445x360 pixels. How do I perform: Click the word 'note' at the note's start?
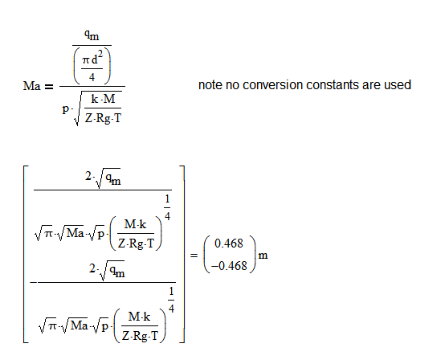[x=210, y=85]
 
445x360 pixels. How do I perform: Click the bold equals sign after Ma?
[x=49, y=86]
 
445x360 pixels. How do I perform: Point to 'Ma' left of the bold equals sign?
[x=32, y=86]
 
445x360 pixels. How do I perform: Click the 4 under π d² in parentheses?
[x=92, y=76]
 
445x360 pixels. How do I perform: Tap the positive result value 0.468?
[x=229, y=243]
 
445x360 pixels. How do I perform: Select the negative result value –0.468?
[x=229, y=266]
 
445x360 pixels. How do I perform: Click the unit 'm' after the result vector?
[x=263, y=256]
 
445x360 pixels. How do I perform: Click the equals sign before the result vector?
[x=194, y=256]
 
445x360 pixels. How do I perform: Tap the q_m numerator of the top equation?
[x=92, y=35]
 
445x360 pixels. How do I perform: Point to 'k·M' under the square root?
[x=103, y=99]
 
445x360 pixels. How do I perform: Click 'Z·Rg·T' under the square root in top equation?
[x=103, y=118]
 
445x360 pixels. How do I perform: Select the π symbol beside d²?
[x=86, y=60]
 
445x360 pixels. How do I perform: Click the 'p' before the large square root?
[x=66, y=108]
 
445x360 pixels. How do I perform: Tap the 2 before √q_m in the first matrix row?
[x=88, y=176]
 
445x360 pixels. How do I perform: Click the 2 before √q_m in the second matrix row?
[x=92, y=268]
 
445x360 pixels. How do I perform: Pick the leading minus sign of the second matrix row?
[x=34, y=283]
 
